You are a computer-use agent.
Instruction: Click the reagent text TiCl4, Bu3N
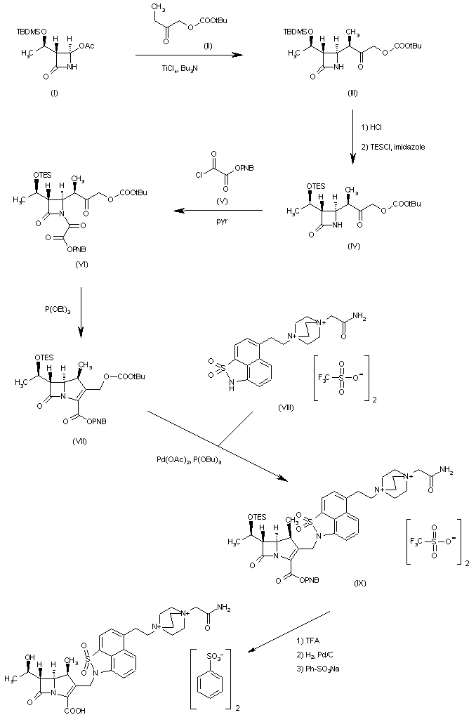coord(171,67)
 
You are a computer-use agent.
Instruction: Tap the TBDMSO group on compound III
coord(298,32)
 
